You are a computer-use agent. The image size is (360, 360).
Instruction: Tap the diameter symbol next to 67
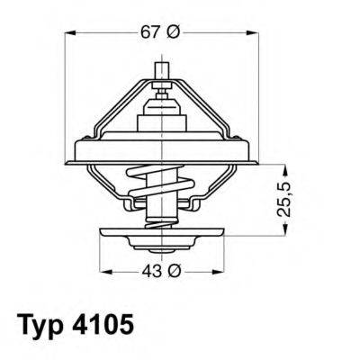point(174,32)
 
